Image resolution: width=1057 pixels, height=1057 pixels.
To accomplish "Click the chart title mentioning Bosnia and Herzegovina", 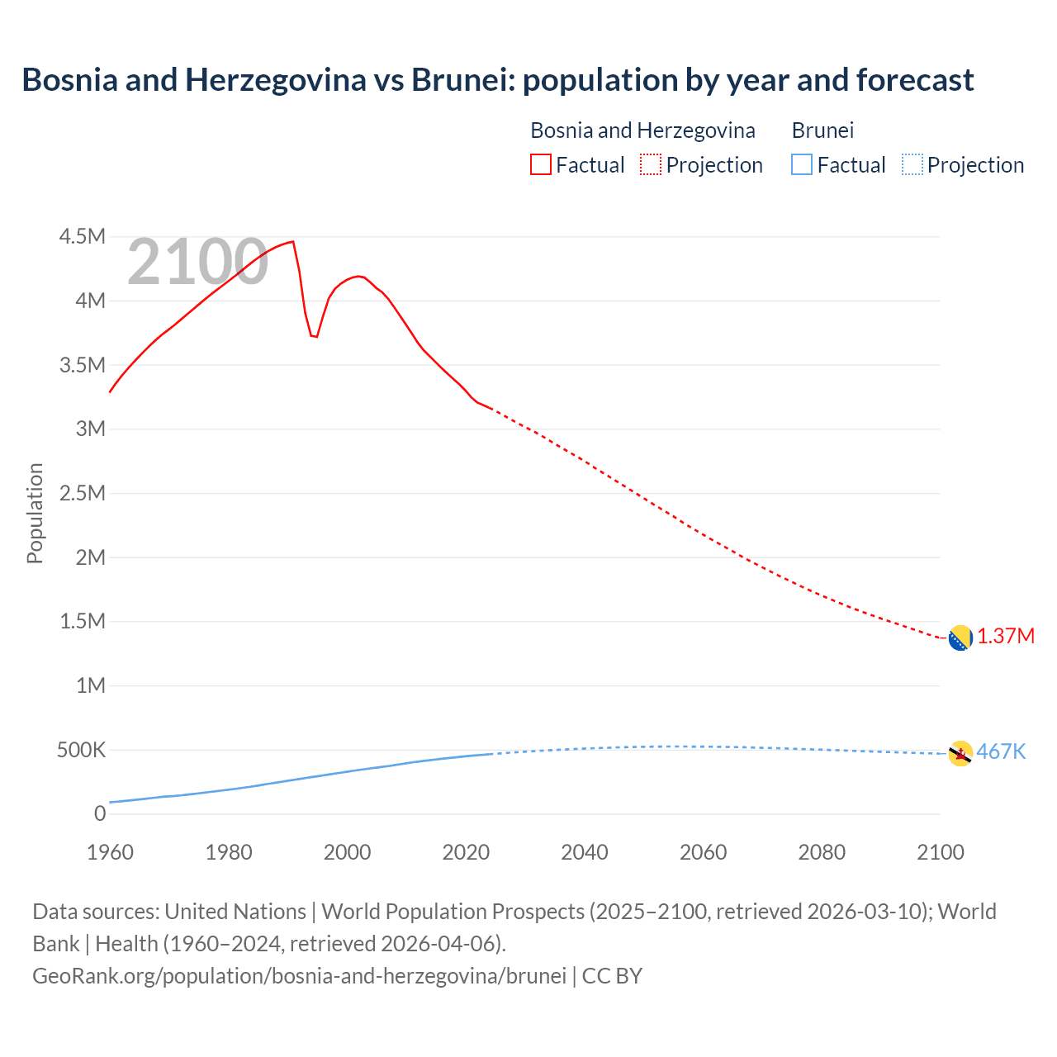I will point(498,80).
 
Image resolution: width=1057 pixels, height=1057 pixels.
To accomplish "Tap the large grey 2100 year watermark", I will point(197,263).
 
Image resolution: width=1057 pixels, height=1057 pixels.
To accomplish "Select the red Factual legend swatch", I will point(540,165).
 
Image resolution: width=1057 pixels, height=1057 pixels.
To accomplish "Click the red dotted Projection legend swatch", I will point(651,165).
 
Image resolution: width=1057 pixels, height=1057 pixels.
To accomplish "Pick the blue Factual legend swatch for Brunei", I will point(802,165).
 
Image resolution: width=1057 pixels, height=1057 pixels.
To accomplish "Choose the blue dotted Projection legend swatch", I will point(912,165).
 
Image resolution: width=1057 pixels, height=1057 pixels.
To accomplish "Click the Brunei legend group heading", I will point(822,130).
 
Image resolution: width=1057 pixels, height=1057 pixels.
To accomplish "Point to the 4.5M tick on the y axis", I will point(83,237).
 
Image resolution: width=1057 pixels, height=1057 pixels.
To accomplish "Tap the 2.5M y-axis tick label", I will point(83,494).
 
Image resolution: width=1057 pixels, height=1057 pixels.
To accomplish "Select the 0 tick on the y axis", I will point(100,814).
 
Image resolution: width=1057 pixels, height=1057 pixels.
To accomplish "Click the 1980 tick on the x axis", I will point(229,852).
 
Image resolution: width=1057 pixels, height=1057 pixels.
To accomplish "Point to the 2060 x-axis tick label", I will point(703,852).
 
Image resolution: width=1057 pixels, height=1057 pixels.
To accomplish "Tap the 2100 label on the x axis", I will point(940,852).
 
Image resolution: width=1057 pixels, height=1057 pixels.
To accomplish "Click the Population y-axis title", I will point(35,513).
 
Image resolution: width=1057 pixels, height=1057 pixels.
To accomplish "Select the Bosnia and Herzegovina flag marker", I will point(960,638).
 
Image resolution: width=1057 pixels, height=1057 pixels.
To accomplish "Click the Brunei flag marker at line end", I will point(960,753).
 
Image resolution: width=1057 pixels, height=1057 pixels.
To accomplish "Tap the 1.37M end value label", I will point(1006,637).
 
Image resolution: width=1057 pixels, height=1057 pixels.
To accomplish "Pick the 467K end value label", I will point(1001,752).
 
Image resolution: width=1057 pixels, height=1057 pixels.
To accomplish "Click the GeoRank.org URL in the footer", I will point(300,976).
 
